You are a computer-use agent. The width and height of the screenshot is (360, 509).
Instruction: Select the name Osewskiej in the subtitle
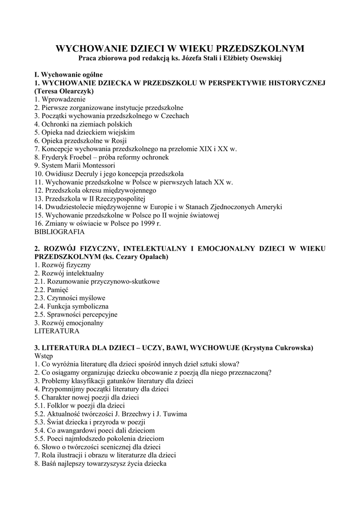264,59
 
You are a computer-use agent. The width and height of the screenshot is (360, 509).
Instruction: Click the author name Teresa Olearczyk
64,91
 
